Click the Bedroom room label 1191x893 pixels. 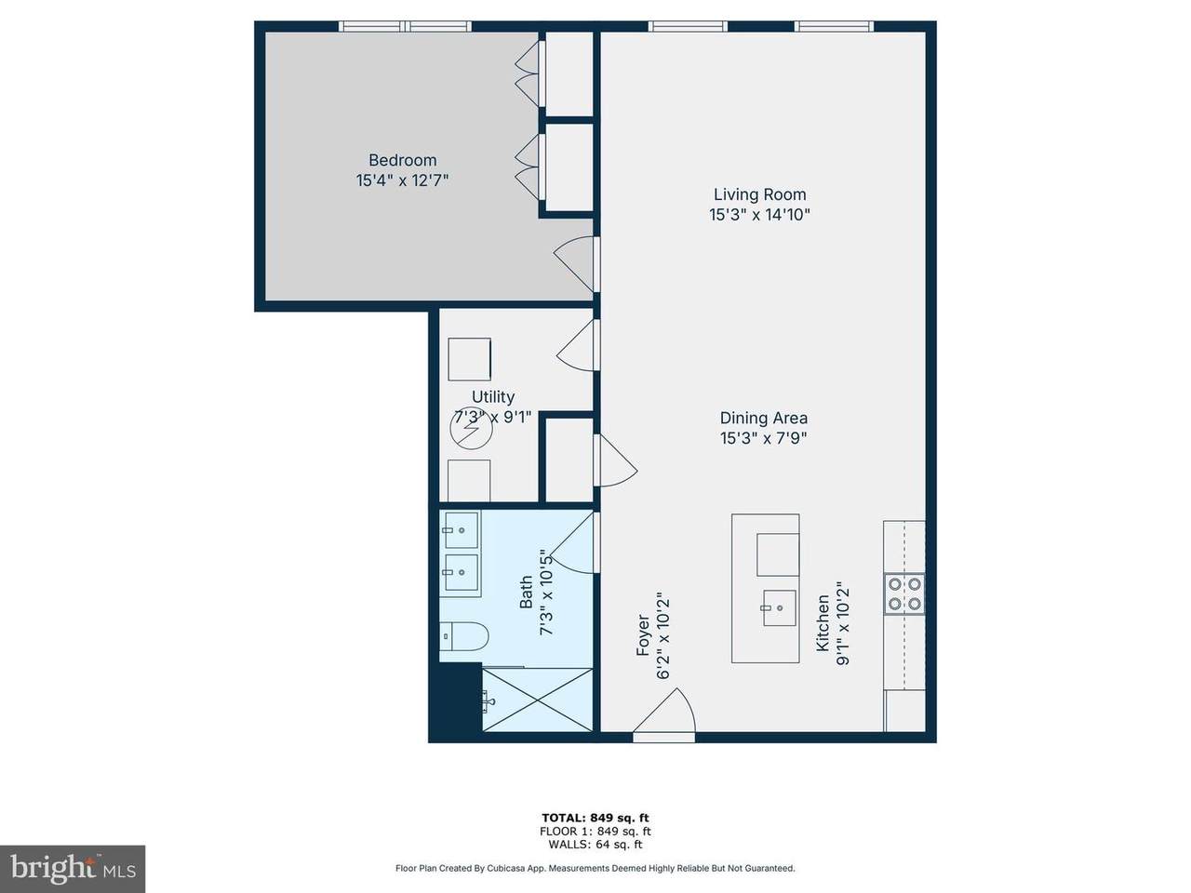point(402,161)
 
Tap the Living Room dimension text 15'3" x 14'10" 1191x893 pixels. point(759,215)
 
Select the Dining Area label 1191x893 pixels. point(763,418)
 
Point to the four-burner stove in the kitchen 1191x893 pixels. point(904,593)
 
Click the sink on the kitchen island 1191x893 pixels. point(780,607)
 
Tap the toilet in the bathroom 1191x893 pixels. point(464,636)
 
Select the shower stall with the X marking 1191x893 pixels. point(537,700)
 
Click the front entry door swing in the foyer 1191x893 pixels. point(664,712)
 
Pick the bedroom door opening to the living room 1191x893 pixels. point(576,264)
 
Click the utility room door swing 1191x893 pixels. point(578,345)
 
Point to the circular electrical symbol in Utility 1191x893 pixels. point(472,428)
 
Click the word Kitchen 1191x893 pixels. point(823,623)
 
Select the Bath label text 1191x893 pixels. point(526,593)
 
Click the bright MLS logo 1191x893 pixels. point(73,869)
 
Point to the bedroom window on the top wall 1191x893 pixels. point(406,26)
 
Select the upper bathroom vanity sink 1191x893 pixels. point(462,529)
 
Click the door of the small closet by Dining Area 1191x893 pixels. point(615,460)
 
